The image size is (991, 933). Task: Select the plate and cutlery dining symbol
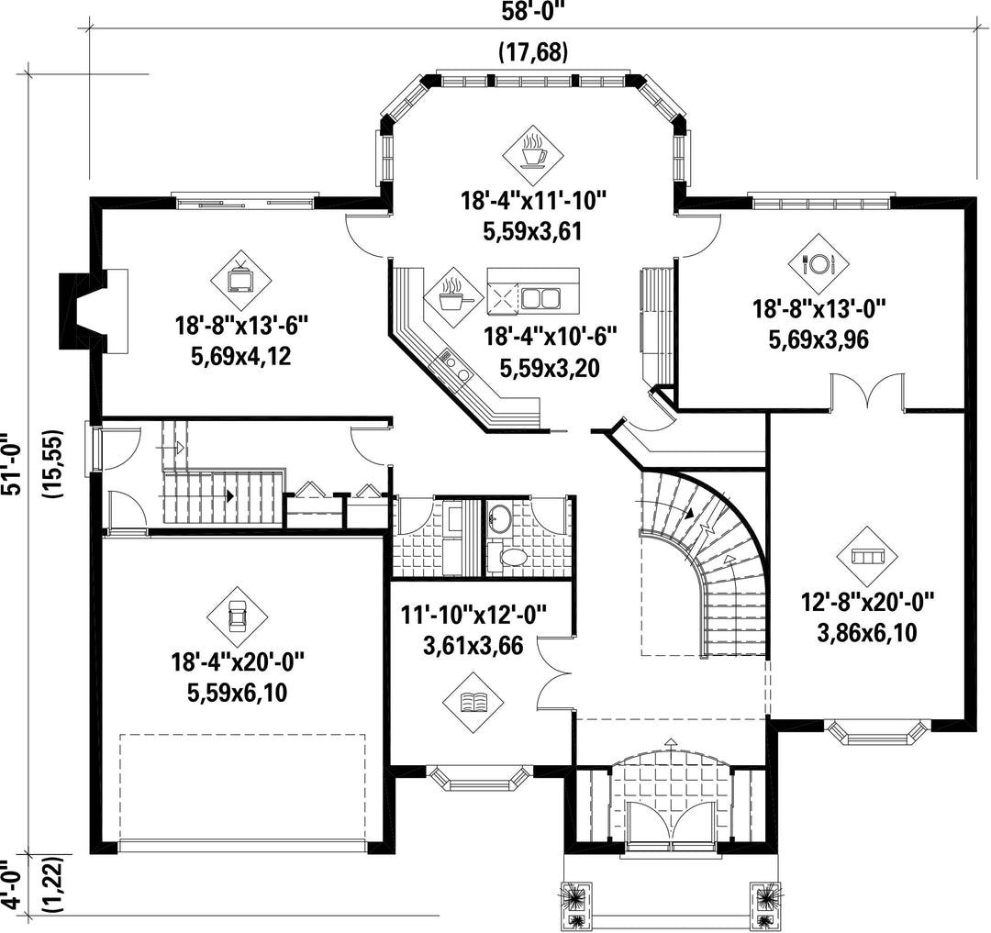(818, 263)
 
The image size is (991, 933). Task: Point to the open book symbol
(473, 702)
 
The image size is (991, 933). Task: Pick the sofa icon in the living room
(867, 557)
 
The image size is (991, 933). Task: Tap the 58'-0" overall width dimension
(531, 12)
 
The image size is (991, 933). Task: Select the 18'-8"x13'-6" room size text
(240, 326)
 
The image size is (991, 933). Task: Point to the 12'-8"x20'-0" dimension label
(868, 601)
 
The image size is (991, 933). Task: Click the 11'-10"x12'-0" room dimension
(473, 614)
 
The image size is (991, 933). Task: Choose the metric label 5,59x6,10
(237, 693)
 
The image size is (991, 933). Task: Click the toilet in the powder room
(509, 557)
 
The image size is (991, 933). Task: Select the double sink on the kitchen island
(540, 298)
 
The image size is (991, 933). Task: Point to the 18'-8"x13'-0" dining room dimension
(819, 309)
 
